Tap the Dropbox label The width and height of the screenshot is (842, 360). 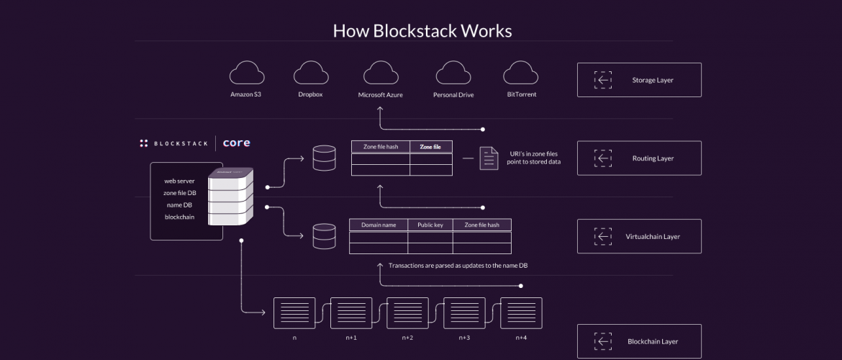click(x=310, y=94)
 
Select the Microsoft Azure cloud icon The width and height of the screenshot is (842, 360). click(x=381, y=73)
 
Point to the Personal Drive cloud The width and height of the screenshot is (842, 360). click(x=453, y=73)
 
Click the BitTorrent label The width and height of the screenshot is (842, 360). click(x=521, y=94)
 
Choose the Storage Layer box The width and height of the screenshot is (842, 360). click(x=639, y=80)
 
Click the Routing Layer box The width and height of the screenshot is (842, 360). click(x=639, y=158)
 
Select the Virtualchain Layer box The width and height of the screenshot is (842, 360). click(x=639, y=236)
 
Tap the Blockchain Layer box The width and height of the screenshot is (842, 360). click(x=639, y=341)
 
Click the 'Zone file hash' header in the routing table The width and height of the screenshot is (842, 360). click(x=381, y=147)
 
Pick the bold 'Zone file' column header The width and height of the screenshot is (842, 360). click(x=430, y=147)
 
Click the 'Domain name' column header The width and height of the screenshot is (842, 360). click(x=379, y=225)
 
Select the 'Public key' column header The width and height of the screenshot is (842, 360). click(x=430, y=225)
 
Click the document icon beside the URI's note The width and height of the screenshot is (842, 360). click(x=489, y=158)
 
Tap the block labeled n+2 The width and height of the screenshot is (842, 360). click(x=407, y=313)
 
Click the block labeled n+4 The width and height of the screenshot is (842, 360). click(x=521, y=313)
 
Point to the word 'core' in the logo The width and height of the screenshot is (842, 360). click(x=236, y=143)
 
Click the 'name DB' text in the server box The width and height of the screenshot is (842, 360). click(x=179, y=205)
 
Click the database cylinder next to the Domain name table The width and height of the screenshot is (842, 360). click(x=324, y=235)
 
